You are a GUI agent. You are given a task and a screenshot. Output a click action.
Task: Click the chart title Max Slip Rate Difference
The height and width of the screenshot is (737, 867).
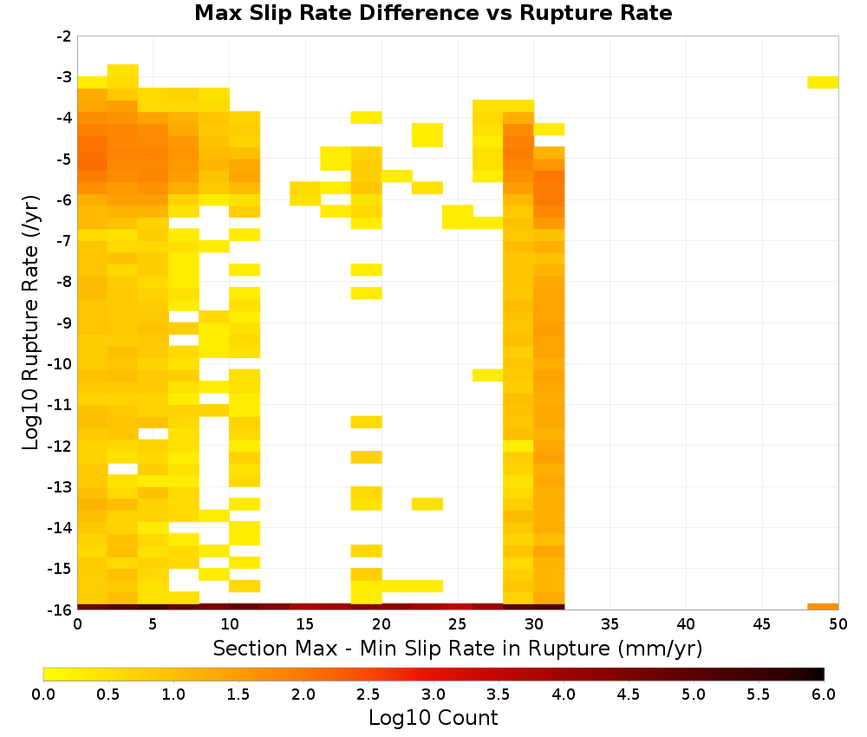click(x=337, y=13)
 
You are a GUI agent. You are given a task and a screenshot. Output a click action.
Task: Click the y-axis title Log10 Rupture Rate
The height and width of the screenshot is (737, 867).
click(x=30, y=323)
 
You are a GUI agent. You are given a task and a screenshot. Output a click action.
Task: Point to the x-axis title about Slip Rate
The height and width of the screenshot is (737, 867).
click(x=457, y=649)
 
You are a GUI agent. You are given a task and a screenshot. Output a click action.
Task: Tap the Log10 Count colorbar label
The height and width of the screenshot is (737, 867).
click(x=433, y=718)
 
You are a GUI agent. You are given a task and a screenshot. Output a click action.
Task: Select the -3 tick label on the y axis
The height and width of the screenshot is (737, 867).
click(x=64, y=77)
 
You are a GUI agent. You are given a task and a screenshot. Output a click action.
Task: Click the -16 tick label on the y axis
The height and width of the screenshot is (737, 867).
click(x=60, y=610)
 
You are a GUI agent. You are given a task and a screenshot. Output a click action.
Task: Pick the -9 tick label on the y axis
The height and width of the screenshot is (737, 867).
click(x=64, y=323)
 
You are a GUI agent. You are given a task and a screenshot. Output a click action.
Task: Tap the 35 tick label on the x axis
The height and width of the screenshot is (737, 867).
click(x=610, y=624)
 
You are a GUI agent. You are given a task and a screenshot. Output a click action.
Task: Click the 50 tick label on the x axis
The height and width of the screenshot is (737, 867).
click(x=838, y=624)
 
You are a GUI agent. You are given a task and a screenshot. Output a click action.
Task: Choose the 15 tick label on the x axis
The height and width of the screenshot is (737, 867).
click(x=305, y=624)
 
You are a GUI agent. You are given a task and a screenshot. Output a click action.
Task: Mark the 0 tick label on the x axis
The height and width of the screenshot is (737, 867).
click(x=77, y=624)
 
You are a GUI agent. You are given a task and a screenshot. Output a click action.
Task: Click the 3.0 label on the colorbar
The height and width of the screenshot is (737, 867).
click(x=433, y=695)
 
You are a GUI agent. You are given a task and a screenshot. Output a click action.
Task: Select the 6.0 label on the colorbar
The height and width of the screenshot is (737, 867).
click(x=824, y=695)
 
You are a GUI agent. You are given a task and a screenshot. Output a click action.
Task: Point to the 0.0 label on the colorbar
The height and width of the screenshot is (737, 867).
click(x=43, y=695)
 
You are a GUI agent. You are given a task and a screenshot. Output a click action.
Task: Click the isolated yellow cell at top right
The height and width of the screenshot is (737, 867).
click(x=823, y=82)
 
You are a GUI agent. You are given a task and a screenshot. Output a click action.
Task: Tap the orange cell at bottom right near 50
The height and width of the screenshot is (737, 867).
click(x=823, y=607)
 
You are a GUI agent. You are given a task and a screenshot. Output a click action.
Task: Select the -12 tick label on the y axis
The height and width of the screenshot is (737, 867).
click(x=60, y=446)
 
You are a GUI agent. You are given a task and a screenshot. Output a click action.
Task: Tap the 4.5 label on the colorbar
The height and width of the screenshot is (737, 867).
click(x=628, y=695)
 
